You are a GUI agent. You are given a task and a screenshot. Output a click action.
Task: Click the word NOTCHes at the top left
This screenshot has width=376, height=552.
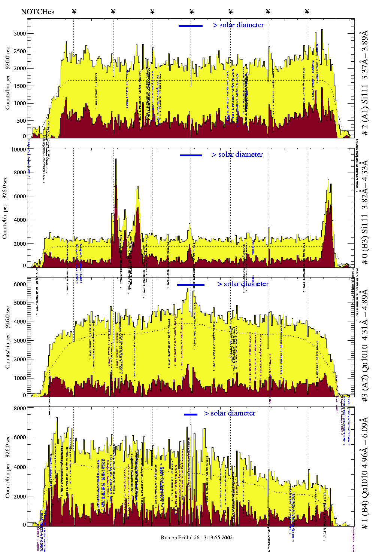click(x=37, y=12)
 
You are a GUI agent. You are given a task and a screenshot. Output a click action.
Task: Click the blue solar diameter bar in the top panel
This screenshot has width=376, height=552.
click(x=190, y=26)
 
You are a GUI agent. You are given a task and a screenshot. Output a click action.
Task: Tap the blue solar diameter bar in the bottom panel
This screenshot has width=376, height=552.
click(x=190, y=414)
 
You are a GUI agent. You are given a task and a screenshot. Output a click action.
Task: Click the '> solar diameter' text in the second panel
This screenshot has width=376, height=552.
click(x=237, y=154)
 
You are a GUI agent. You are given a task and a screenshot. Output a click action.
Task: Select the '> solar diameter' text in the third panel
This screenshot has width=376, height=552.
click(x=243, y=284)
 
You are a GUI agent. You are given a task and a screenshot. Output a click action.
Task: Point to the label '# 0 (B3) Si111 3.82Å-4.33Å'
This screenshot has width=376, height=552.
click(x=364, y=212)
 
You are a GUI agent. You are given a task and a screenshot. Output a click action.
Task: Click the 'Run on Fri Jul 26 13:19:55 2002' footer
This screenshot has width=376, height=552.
click(x=197, y=537)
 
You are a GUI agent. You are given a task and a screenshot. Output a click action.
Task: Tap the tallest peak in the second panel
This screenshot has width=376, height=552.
click(x=116, y=160)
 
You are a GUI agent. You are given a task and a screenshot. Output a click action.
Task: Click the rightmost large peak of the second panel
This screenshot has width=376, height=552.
click(x=328, y=181)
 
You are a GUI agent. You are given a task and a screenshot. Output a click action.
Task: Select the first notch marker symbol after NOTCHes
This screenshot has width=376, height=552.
click(x=74, y=12)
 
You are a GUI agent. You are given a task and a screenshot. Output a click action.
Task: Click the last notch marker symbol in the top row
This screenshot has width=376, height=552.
click(x=307, y=12)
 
